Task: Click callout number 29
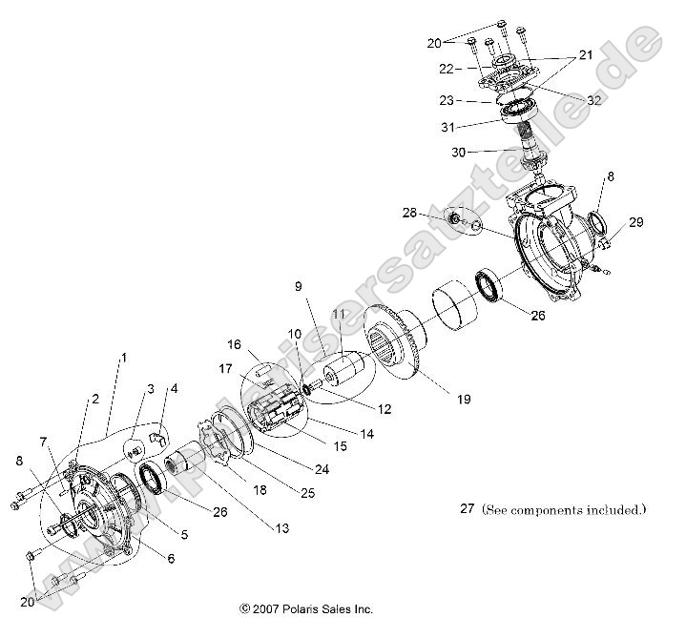635,222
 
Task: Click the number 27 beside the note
466,510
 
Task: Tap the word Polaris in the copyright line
295,608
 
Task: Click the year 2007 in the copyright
264,608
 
